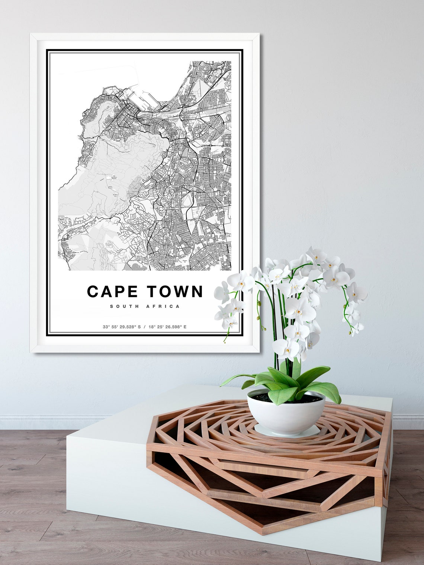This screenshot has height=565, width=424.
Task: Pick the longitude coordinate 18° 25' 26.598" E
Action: pos(167,327)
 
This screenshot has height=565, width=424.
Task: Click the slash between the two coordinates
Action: pos(145,327)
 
